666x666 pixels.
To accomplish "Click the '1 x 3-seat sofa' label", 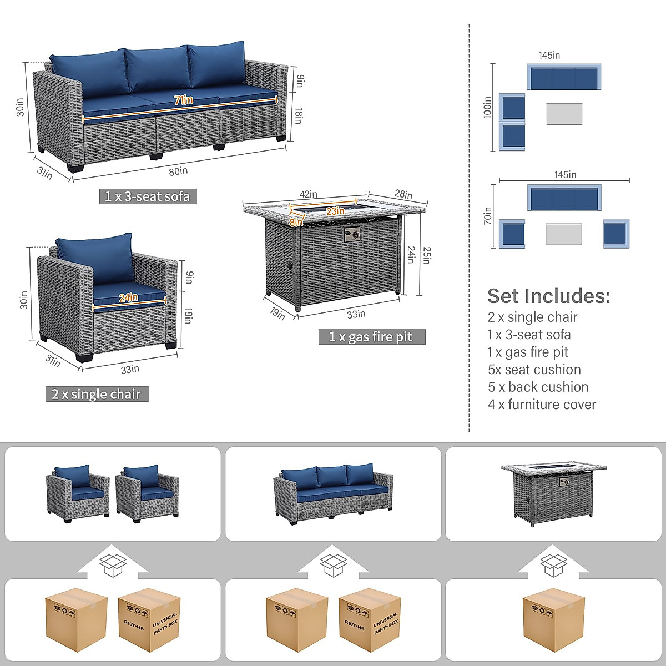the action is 148,196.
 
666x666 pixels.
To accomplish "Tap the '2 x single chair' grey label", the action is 97,395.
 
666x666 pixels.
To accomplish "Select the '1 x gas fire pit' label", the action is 371,337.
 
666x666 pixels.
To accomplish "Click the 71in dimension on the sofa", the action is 183,100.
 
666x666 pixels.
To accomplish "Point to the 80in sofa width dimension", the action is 178,171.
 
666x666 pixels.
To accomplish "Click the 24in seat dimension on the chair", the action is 128,297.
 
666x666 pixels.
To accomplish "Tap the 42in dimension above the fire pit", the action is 308,194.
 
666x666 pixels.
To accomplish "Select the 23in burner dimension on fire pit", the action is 335,211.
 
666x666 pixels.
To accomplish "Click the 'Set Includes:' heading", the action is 548,296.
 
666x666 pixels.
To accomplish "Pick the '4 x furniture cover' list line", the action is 542,405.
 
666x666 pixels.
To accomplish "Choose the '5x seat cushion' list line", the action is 534,370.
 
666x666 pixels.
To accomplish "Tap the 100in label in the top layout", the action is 487,107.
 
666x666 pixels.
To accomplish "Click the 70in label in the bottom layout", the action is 487,215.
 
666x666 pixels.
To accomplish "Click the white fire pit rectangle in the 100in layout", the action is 564,114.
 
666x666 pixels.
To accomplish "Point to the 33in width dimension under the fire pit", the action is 356,314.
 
